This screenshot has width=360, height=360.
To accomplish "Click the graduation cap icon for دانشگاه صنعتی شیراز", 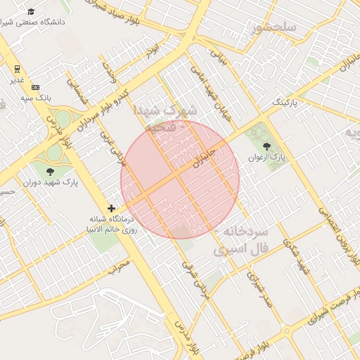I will point(31,11).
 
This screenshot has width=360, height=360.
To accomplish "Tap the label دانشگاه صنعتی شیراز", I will point(36,22).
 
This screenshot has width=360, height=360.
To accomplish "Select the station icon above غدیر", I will point(17,68).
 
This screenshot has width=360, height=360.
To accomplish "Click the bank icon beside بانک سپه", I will point(36,86).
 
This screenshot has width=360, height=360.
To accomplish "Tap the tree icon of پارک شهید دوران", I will point(50,171).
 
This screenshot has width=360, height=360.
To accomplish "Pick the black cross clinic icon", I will point(111,208).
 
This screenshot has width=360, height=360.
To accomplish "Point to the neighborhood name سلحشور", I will point(274,28).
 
